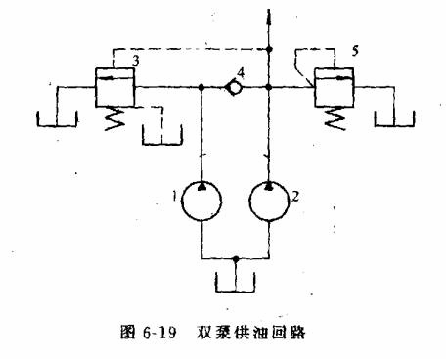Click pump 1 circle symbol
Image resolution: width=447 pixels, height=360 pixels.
[x=201, y=201]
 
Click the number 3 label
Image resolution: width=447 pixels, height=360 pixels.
[x=134, y=61]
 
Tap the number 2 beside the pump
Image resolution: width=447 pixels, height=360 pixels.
[x=293, y=196]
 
